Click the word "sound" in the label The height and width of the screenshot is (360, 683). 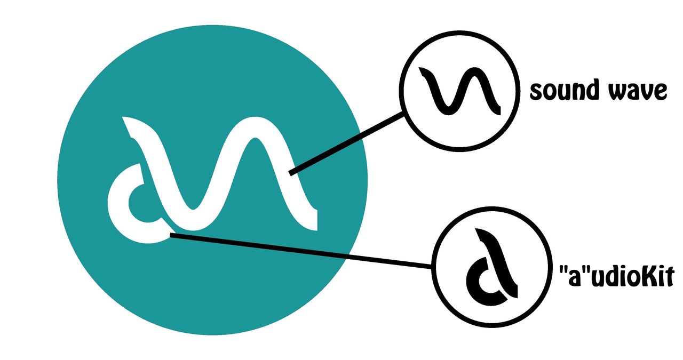(565, 90)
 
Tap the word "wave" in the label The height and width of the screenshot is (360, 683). (638, 91)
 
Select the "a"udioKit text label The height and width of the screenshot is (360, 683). (616, 275)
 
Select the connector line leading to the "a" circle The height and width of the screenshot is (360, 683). (300, 251)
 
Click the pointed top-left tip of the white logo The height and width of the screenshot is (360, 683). (123, 118)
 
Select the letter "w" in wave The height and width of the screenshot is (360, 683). (618, 91)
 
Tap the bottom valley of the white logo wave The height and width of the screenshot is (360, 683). (193, 220)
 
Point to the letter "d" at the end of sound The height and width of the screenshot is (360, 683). (592, 90)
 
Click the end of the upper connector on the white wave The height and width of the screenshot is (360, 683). (291, 173)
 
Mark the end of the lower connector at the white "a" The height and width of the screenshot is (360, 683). (171, 235)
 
